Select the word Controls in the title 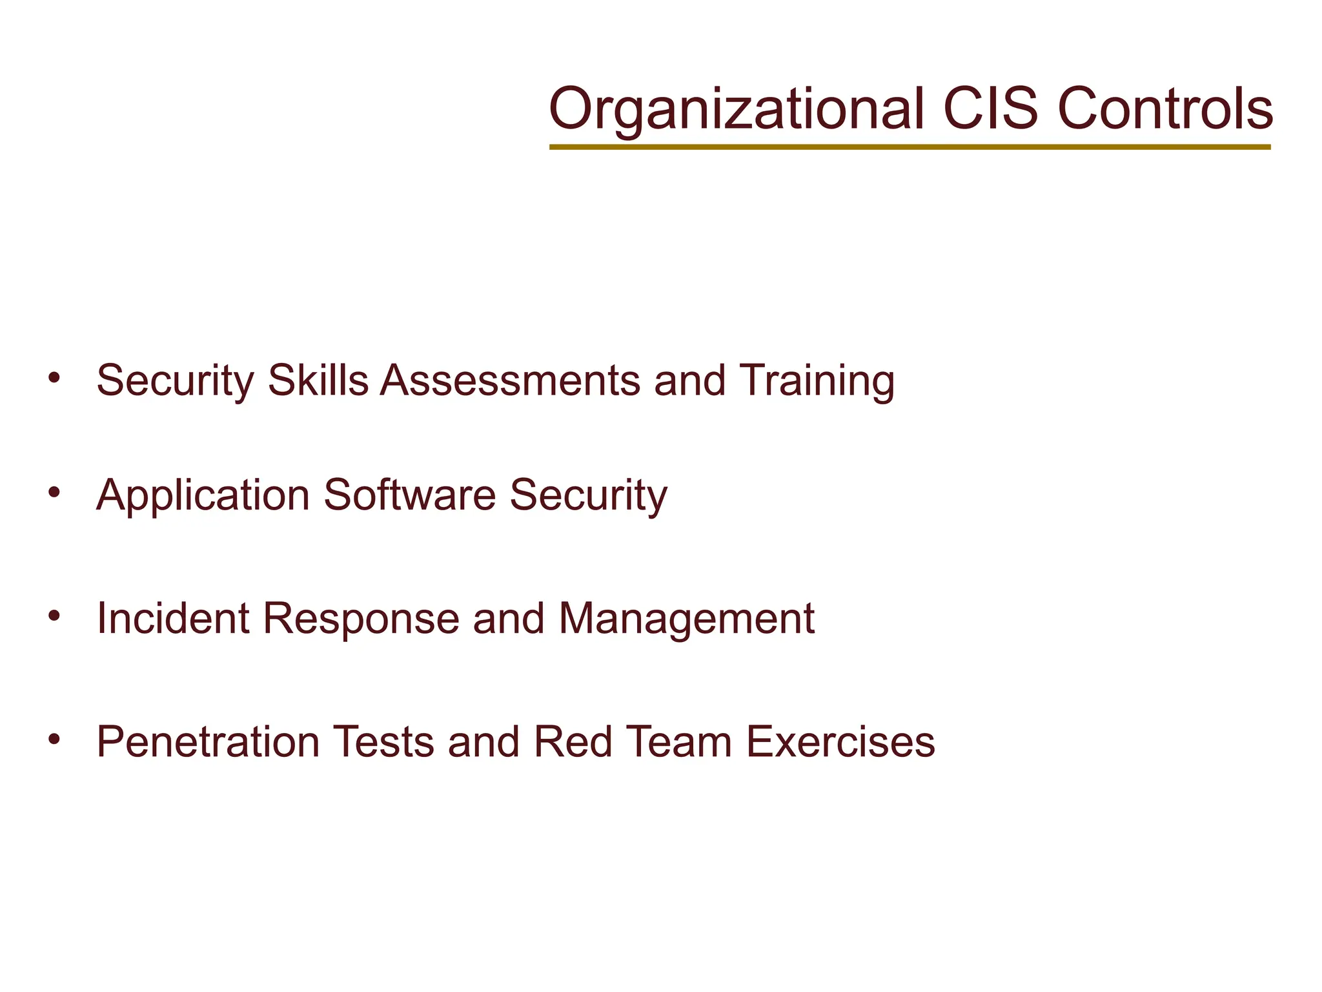[x=1165, y=108]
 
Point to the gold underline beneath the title [x=910, y=147]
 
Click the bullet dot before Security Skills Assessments [x=54, y=377]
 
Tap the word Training [x=817, y=381]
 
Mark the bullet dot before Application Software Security [x=54, y=492]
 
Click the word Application [x=203, y=496]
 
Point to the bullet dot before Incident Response [x=54, y=615]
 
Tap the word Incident [x=172, y=618]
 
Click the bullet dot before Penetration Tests [x=54, y=738]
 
